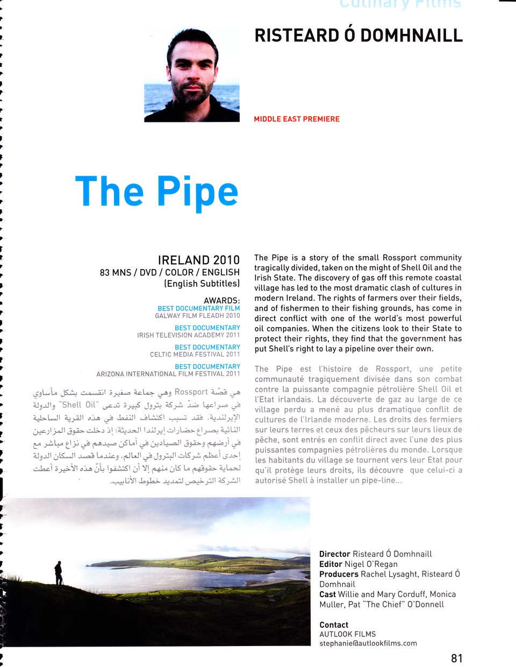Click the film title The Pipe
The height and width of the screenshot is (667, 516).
[x=156, y=192]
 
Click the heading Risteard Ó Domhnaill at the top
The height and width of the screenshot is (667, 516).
[x=358, y=35]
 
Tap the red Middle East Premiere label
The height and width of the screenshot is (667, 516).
[x=297, y=119]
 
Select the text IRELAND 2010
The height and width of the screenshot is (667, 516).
[x=199, y=260]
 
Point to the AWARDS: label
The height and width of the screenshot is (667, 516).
[x=221, y=300]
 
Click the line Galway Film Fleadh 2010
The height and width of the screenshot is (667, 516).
[x=197, y=316]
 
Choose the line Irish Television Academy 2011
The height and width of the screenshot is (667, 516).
[x=189, y=335]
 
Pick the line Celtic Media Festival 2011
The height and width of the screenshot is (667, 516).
[x=195, y=354]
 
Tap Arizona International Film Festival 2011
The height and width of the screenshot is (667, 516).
[x=168, y=374]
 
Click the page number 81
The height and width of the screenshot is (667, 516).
[x=456, y=658]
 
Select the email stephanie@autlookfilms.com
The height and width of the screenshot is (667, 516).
[x=368, y=643]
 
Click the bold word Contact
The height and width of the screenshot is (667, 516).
[x=334, y=625]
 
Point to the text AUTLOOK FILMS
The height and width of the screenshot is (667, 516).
[x=348, y=634]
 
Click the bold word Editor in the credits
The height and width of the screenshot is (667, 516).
[x=331, y=564]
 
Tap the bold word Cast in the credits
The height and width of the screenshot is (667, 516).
[x=327, y=594]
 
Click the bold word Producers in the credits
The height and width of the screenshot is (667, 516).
[x=339, y=574]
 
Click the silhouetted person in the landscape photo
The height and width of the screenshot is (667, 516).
[x=58, y=573]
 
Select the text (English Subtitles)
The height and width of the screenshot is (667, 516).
[x=202, y=284]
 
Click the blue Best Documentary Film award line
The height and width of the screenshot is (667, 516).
[x=199, y=308]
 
